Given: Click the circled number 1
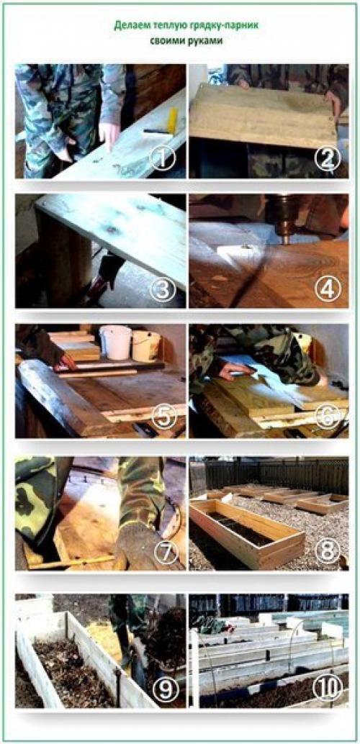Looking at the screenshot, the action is (163, 158).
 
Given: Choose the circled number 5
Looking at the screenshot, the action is (164, 417).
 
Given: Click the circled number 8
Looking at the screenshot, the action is (328, 552).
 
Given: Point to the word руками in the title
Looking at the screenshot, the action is (205, 41).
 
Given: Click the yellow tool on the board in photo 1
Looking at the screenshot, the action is (172, 120).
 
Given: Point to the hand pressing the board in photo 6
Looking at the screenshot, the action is (235, 371).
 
